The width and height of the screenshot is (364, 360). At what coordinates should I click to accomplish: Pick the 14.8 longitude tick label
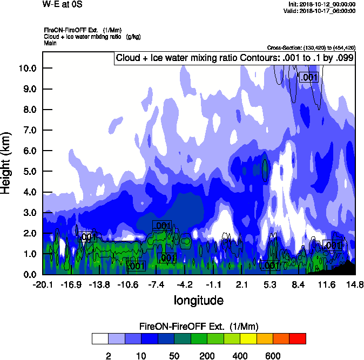(x=355, y=284)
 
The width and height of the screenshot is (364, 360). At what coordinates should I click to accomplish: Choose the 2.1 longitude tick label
(x=242, y=284)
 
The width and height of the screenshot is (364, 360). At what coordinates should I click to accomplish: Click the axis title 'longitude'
(x=198, y=300)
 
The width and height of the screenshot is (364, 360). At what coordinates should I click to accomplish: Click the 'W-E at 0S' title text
(x=63, y=4)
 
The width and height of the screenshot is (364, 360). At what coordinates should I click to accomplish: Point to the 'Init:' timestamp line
(x=322, y=4)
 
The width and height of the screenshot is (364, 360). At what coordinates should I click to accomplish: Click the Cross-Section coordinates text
(x=311, y=47)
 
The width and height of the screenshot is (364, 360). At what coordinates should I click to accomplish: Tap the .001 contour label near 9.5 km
(x=309, y=78)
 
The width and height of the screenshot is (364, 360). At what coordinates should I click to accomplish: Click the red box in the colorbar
(x=297, y=339)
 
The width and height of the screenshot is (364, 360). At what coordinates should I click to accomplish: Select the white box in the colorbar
(x=100, y=339)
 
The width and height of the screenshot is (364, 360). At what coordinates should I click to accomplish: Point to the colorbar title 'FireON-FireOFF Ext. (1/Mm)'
(x=199, y=327)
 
